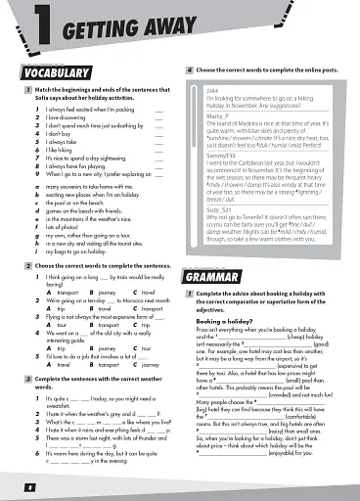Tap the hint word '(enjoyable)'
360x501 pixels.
291,453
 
